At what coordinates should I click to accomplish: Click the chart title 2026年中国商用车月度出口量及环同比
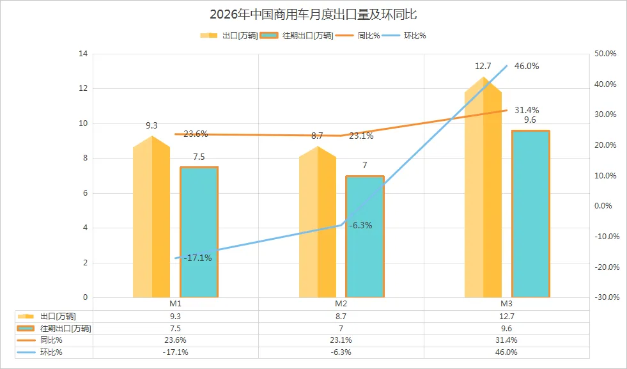[x=313, y=14]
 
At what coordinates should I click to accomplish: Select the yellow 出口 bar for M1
[x=151, y=221]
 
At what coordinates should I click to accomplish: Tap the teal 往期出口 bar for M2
[x=364, y=237]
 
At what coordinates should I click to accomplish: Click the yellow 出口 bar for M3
[x=483, y=192]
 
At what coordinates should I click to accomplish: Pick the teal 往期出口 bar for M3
[x=530, y=214]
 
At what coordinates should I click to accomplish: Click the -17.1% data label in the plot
[x=197, y=258]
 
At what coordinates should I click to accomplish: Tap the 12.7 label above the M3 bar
[x=483, y=66]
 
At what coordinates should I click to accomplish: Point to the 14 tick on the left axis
[x=82, y=54]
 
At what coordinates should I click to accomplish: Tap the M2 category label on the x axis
[x=341, y=303]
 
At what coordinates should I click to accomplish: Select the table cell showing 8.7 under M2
[x=341, y=316]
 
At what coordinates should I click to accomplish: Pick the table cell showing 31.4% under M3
[x=506, y=340]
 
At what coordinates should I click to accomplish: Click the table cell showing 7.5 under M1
[x=176, y=328]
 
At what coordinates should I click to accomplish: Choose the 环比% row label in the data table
[x=51, y=352]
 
